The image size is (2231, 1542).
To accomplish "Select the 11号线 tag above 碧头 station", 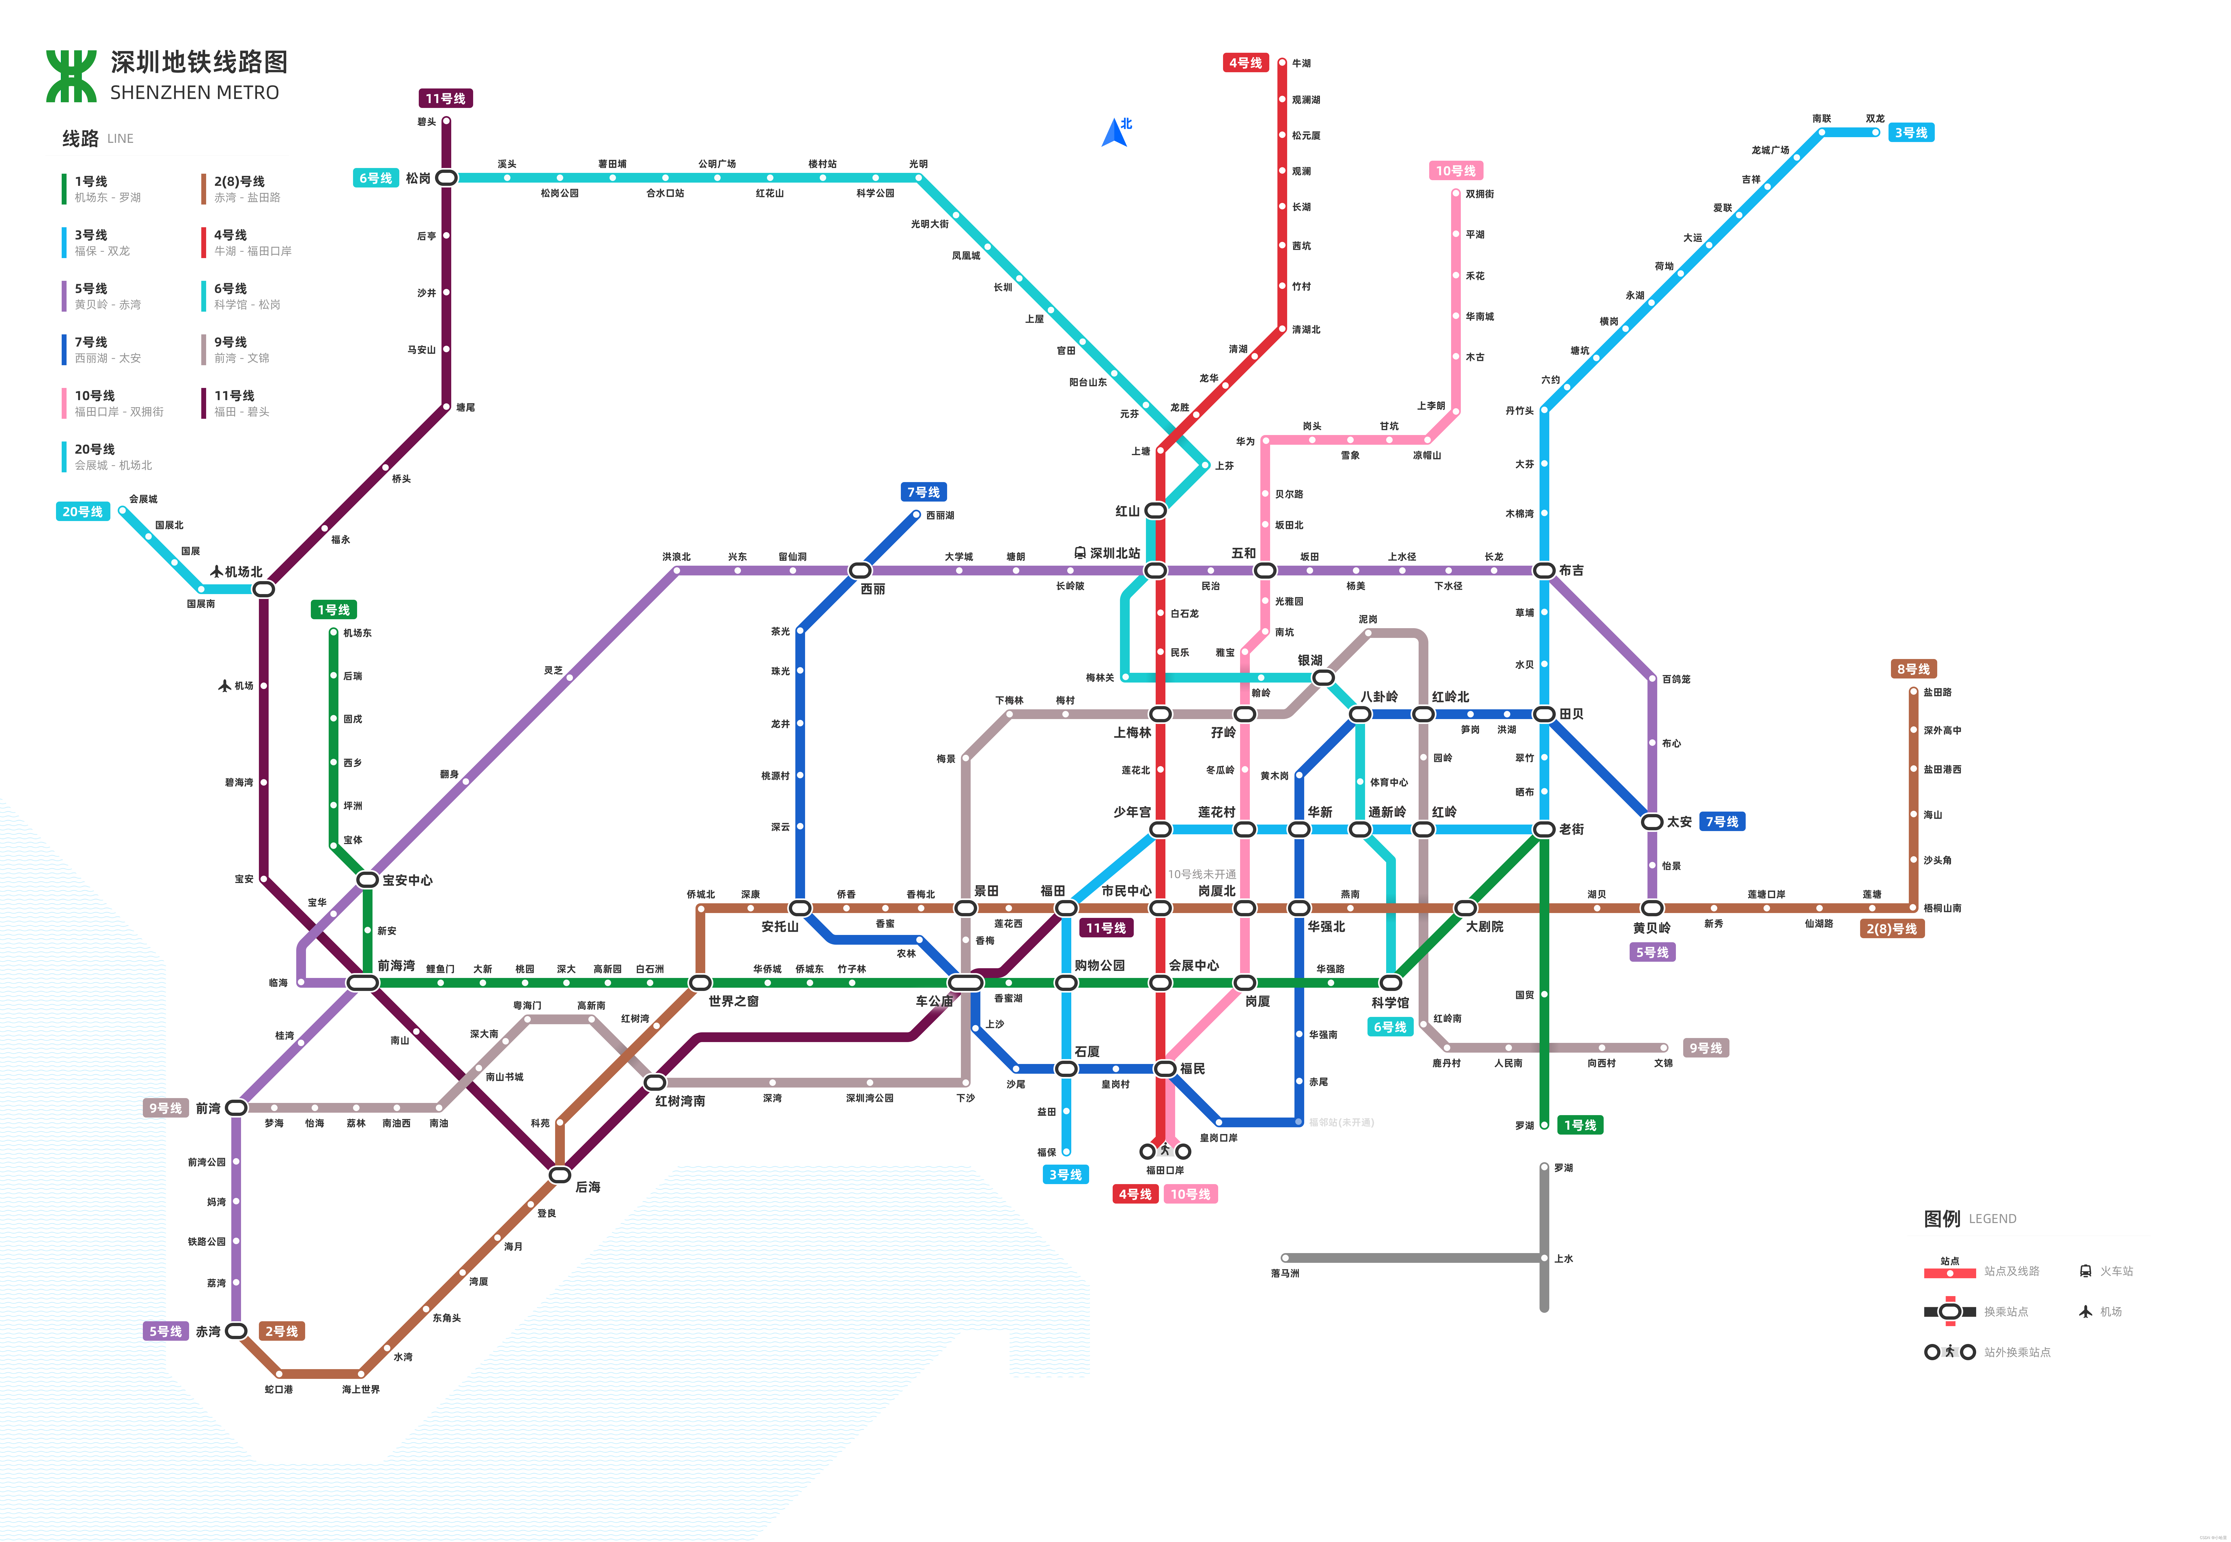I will pos(446,98).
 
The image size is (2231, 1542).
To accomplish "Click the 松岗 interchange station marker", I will pos(446,178).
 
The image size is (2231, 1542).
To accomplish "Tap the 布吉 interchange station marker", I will pos(1544,570).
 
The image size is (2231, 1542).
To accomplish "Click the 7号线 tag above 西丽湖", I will pos(923,492).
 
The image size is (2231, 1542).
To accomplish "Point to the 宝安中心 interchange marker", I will pos(367,879).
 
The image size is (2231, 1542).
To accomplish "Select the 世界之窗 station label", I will pos(733,1001).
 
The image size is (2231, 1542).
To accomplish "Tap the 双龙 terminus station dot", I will pos(1876,132).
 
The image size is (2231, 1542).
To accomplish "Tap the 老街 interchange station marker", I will pos(1544,829).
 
